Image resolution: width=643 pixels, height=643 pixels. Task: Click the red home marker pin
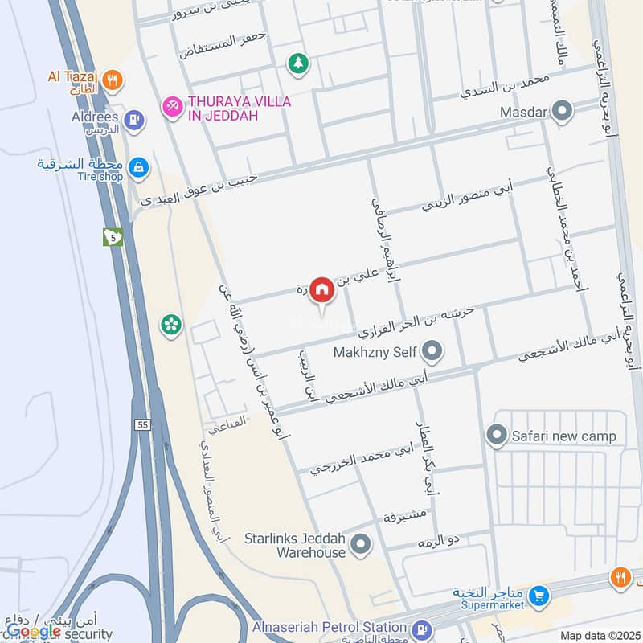(x=321, y=289)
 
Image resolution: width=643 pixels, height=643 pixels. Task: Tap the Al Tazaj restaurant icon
(x=114, y=80)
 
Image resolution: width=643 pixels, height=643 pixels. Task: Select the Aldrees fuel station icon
(x=134, y=120)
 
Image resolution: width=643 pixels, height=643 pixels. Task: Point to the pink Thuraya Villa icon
(x=171, y=106)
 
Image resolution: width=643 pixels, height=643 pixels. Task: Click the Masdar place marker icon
(x=563, y=112)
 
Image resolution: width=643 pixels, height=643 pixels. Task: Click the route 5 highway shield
(x=113, y=237)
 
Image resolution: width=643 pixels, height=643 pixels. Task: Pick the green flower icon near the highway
(x=171, y=324)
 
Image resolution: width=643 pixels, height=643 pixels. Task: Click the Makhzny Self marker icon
(x=432, y=351)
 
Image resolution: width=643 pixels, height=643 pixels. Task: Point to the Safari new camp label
(x=563, y=436)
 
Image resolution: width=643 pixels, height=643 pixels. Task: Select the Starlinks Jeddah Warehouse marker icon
(x=361, y=546)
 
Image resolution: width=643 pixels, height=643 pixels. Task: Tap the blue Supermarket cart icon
(x=539, y=596)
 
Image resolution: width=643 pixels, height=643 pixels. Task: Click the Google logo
(x=33, y=632)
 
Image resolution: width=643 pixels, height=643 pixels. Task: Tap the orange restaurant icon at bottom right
(x=620, y=575)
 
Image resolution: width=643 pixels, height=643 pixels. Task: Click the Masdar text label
(x=522, y=112)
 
